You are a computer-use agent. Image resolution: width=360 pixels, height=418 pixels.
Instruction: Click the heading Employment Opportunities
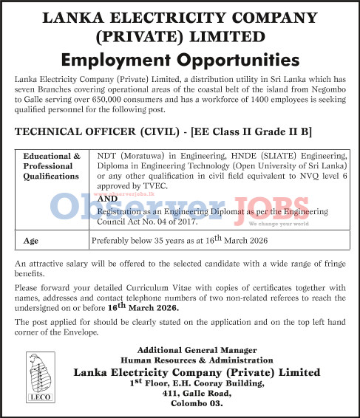(180, 59)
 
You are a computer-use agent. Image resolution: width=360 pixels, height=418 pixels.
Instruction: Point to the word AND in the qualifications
(107, 199)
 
